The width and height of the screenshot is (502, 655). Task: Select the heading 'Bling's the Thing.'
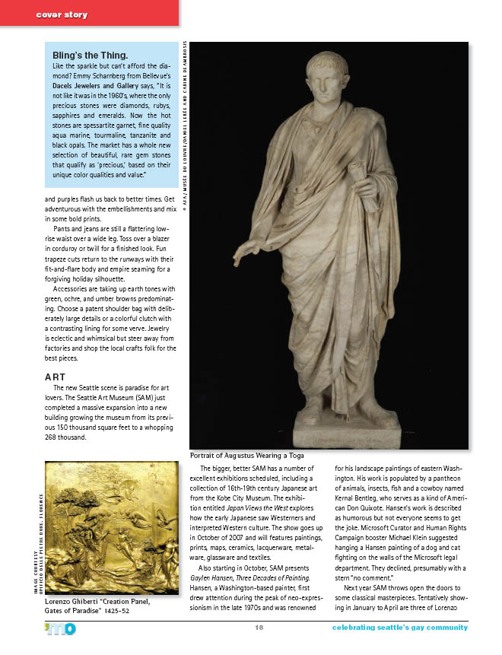pos(90,56)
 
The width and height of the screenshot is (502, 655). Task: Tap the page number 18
pos(259,628)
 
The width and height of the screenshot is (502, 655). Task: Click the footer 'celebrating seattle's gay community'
pos(399,628)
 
